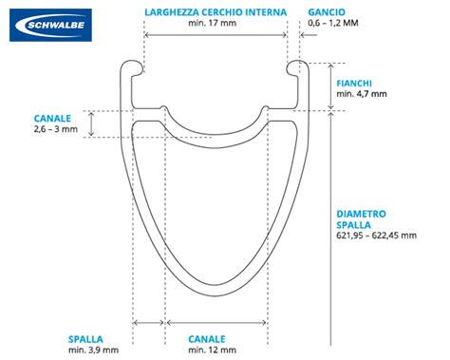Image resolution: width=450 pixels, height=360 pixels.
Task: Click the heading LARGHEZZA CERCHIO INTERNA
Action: (x=214, y=12)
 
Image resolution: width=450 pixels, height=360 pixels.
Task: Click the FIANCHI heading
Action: (x=355, y=83)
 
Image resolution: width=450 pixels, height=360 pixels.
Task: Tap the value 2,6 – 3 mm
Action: (x=55, y=129)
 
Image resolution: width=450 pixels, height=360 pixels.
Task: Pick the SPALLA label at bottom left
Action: (x=86, y=338)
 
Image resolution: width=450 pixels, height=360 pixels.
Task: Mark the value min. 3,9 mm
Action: (x=92, y=351)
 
